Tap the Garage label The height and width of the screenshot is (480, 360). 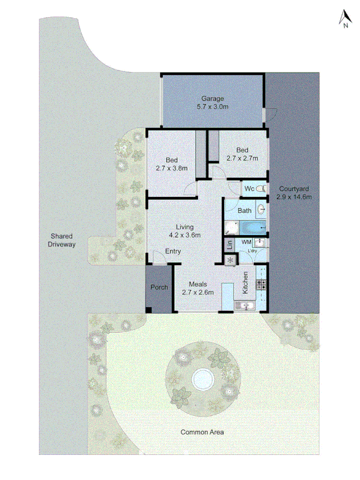click(x=212, y=98)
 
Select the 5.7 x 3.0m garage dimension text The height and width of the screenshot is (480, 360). click(x=212, y=107)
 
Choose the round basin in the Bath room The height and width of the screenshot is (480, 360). click(x=261, y=209)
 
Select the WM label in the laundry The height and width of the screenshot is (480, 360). click(x=246, y=242)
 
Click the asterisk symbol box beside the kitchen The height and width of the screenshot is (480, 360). click(x=230, y=260)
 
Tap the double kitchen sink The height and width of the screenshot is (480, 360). click(x=245, y=306)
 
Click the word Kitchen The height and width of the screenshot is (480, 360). click(x=246, y=283)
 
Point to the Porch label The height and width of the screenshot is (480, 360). click(x=159, y=287)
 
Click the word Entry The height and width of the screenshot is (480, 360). click(x=173, y=251)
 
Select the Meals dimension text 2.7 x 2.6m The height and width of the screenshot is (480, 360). click(x=198, y=292)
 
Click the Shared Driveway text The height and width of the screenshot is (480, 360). click(x=63, y=240)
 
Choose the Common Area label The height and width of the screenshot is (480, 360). click(x=202, y=432)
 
